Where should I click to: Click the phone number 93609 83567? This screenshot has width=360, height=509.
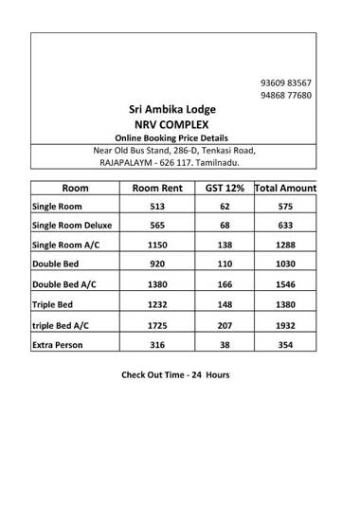tap(285, 83)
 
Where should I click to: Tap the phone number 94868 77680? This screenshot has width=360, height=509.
tap(285, 96)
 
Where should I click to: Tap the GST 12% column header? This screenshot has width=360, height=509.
tap(225, 188)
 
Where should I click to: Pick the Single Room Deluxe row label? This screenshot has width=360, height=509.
tap(71, 226)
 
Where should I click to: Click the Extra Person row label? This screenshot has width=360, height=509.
tap(60, 344)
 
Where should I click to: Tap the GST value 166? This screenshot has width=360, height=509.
tap(225, 284)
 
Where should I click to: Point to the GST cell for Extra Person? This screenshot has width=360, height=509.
tap(225, 344)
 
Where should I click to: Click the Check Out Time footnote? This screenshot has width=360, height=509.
tap(174, 374)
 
